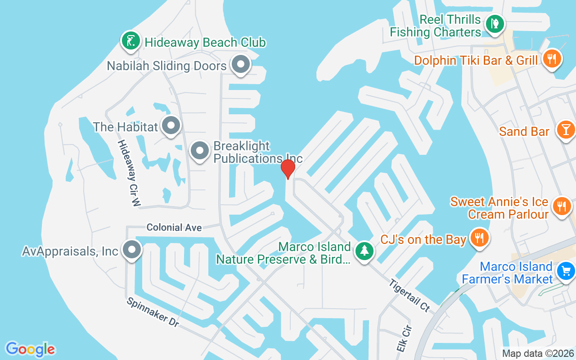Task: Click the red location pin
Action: pyautogui.click(x=288, y=169)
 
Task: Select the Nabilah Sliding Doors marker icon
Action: pyautogui.click(x=241, y=64)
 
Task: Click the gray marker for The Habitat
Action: pyautogui.click(x=171, y=126)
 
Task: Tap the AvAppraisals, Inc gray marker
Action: pyautogui.click(x=132, y=250)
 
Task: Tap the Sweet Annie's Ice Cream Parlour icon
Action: pyautogui.click(x=561, y=207)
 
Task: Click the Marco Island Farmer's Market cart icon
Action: pyautogui.click(x=565, y=271)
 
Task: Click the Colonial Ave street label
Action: pyautogui.click(x=174, y=228)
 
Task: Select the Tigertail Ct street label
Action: pyautogui.click(x=409, y=295)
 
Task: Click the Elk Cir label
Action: pyautogui.click(x=404, y=338)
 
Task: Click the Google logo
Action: pyautogui.click(x=31, y=349)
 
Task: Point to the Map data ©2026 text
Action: pyautogui.click(x=538, y=353)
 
